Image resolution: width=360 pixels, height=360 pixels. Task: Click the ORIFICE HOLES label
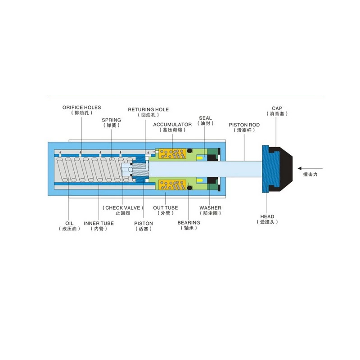pyautogui.click(x=81, y=108)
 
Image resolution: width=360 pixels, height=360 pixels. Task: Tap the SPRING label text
pyautogui.click(x=111, y=120)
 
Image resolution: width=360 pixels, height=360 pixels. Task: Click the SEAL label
pyautogui.click(x=205, y=118)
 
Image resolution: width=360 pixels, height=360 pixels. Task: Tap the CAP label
pyautogui.click(x=277, y=108)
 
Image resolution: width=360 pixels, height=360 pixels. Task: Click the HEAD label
pyautogui.click(x=267, y=217)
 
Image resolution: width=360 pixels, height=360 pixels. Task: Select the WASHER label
pyautogui.click(x=210, y=208)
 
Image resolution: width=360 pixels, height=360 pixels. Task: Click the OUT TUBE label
pyautogui.click(x=166, y=208)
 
